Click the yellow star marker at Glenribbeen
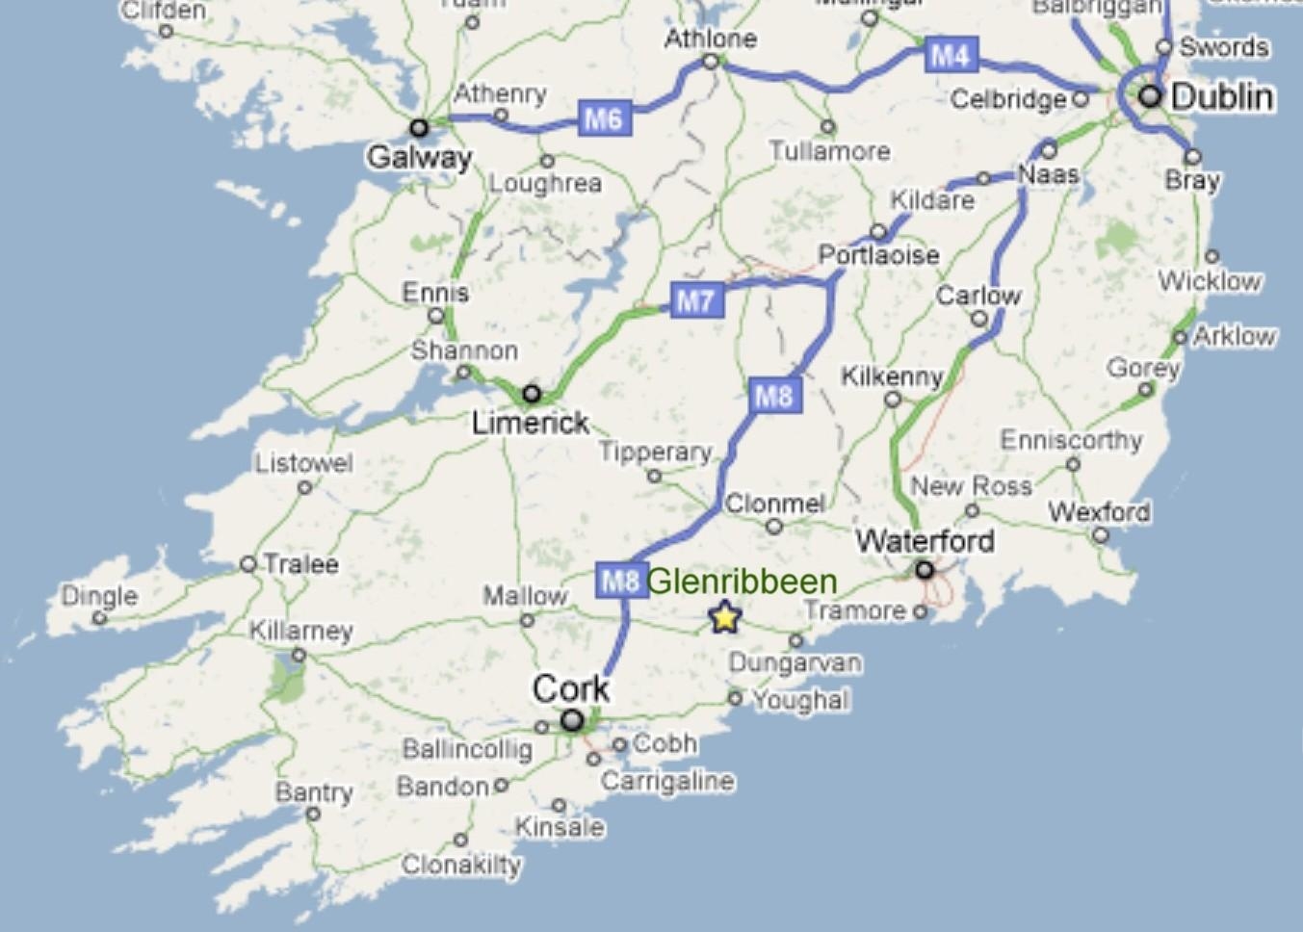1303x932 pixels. click(724, 616)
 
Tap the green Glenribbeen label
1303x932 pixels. click(742, 582)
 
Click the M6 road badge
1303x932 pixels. click(605, 118)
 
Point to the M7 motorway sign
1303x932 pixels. click(695, 300)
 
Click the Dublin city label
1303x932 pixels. click(1222, 96)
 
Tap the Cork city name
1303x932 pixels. click(571, 688)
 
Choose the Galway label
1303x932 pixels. click(419, 157)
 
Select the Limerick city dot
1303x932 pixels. click(531, 393)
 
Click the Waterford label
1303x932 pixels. click(925, 540)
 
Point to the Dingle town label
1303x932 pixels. click(99, 596)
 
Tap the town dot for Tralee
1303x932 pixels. click(248, 563)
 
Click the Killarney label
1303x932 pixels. click(301, 632)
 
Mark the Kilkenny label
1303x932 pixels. click(892, 375)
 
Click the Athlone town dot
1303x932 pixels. click(711, 62)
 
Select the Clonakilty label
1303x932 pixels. click(461, 865)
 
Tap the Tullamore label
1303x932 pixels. click(829, 151)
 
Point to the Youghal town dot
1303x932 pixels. click(735, 698)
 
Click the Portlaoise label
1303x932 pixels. click(878, 255)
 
